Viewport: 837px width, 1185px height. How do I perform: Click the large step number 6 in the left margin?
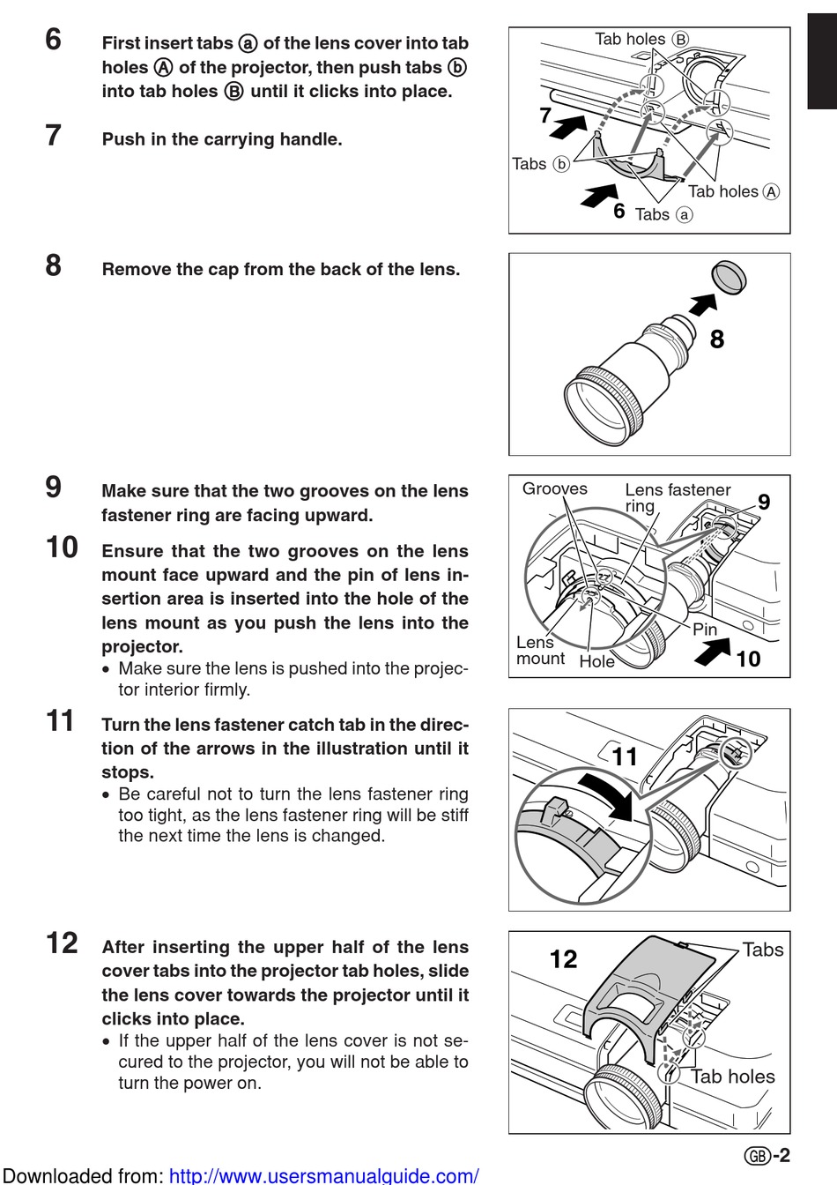pyautogui.click(x=54, y=40)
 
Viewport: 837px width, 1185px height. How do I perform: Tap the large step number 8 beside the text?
pyautogui.click(x=54, y=265)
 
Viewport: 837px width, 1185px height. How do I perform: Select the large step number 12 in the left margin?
pyautogui.click(x=62, y=943)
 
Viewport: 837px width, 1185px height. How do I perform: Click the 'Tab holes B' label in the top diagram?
pyautogui.click(x=641, y=39)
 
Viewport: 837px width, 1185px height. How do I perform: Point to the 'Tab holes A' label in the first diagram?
pyautogui.click(x=733, y=191)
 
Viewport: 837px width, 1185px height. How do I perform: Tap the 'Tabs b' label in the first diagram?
pyautogui.click(x=540, y=164)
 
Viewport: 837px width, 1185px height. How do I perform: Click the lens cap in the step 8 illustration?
pyautogui.click(x=729, y=276)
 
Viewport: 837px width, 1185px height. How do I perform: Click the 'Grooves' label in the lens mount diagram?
pyautogui.click(x=554, y=488)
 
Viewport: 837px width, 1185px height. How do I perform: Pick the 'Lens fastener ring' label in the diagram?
pyautogui.click(x=677, y=497)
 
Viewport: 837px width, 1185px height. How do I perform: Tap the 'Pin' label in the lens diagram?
pyautogui.click(x=705, y=629)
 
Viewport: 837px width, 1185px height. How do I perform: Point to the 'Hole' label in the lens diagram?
pyautogui.click(x=596, y=661)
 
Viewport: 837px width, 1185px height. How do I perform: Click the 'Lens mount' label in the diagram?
pyautogui.click(x=540, y=651)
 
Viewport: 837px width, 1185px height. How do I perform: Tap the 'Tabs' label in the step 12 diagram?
pyautogui.click(x=762, y=950)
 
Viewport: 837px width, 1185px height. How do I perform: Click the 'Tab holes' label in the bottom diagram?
pyautogui.click(x=732, y=1077)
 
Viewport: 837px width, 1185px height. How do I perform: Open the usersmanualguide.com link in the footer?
pyautogui.click(x=323, y=1175)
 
